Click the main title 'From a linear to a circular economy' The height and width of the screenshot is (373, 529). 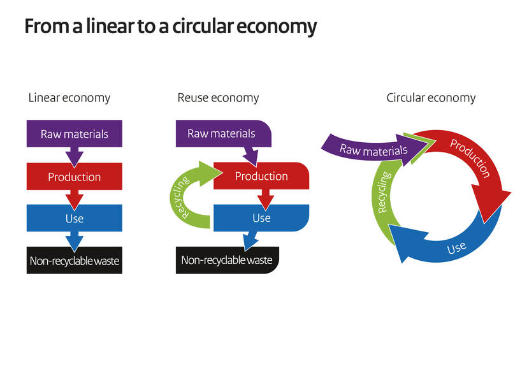[x=170, y=27]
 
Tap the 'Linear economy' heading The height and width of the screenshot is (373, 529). [x=69, y=98]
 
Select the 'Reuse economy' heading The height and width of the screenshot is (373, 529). [x=218, y=98]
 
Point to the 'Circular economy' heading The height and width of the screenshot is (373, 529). [x=431, y=98]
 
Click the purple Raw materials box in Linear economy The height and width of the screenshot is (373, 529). [x=75, y=134]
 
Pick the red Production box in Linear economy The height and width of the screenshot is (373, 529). [x=75, y=177]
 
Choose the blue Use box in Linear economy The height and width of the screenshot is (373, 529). [x=75, y=219]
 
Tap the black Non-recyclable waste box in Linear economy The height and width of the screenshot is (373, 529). [x=75, y=260]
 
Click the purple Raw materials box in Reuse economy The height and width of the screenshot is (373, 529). [x=221, y=134]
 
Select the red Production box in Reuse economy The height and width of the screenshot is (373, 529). [x=261, y=177]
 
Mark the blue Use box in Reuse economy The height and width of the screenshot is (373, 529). [x=261, y=218]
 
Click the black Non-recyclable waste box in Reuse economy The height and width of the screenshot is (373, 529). [x=227, y=260]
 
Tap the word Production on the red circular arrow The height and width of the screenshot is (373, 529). [x=470, y=157]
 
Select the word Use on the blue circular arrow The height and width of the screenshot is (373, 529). [x=456, y=247]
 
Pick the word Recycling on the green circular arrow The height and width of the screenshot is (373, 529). [x=383, y=192]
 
